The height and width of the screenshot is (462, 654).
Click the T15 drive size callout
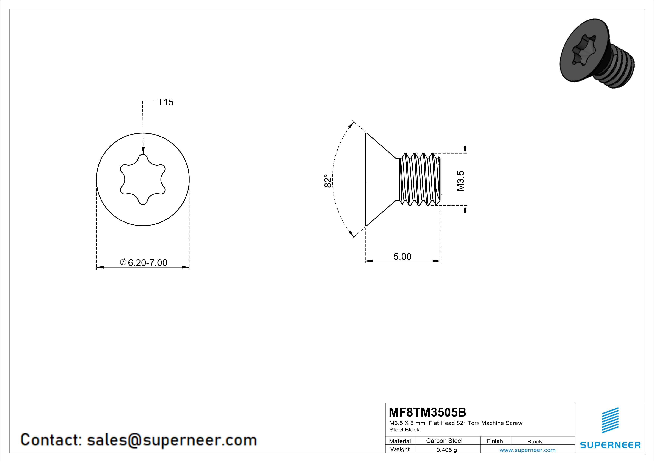(165, 102)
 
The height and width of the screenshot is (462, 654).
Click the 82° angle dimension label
(328, 181)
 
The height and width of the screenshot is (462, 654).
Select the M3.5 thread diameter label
(461, 181)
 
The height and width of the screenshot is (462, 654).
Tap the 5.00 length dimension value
(402, 256)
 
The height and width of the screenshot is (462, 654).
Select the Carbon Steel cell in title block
(444, 441)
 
